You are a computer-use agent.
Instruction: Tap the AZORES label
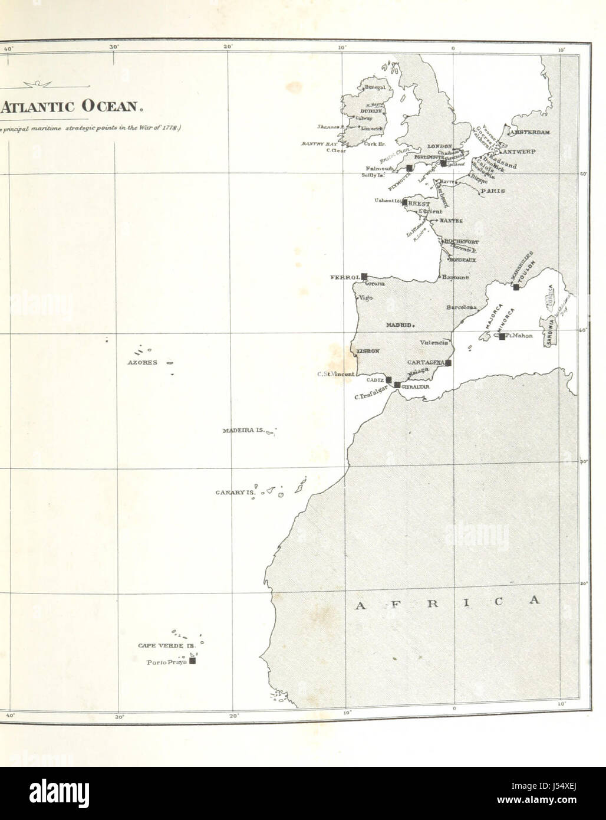coord(142,362)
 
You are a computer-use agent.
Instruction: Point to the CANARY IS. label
coord(233,492)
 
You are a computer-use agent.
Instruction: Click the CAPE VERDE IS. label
coord(166,646)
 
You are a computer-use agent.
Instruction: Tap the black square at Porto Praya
coord(192,661)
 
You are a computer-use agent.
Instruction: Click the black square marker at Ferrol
coord(364,276)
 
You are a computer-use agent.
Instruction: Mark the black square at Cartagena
coord(449,363)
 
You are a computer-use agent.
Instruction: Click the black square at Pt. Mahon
coord(502,336)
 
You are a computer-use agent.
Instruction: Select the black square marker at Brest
coord(405,202)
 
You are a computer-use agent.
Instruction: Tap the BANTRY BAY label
coord(318,143)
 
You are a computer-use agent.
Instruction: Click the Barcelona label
coord(462,307)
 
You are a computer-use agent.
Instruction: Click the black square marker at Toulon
coord(516,287)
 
